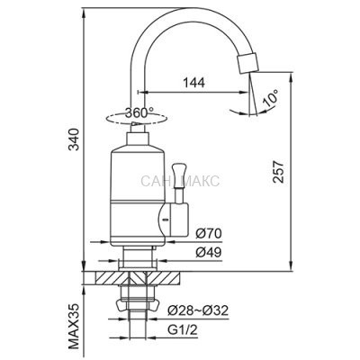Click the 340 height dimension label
74,139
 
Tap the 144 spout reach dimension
194,83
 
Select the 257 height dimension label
277,172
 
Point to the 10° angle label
271,98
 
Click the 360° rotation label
139,112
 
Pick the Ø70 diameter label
209,233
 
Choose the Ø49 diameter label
209,253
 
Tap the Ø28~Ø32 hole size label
198,310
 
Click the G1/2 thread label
183,330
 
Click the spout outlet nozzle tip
247,63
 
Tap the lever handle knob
179,172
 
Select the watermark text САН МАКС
180,181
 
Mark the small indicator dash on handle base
164,220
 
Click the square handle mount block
179,219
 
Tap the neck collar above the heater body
138,139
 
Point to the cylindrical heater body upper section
138,173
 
